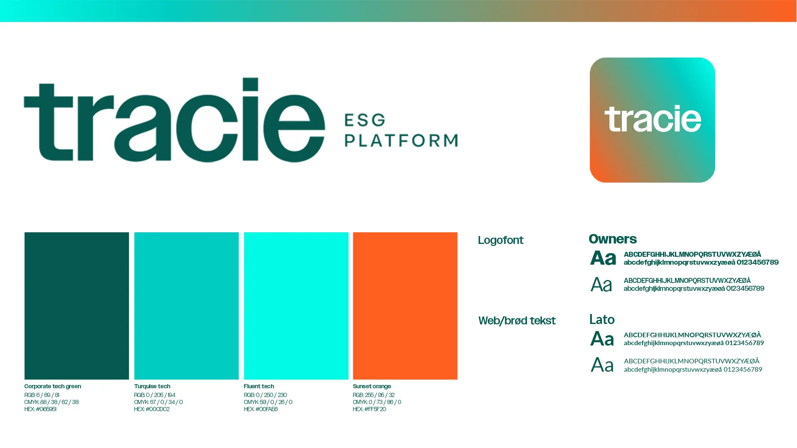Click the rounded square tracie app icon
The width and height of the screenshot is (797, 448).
(x=652, y=120)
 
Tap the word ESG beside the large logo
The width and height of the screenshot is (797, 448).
(x=365, y=120)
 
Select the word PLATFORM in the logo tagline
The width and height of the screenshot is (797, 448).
(x=401, y=141)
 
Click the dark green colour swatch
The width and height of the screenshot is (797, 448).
(x=77, y=306)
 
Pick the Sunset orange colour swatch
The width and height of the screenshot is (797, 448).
(x=405, y=306)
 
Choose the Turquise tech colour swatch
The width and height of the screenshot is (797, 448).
(x=186, y=306)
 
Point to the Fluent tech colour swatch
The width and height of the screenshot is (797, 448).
(x=296, y=306)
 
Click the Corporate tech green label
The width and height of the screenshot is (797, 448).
(x=53, y=386)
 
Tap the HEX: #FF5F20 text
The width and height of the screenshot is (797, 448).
(x=369, y=409)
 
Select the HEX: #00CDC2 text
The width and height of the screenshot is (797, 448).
(x=152, y=409)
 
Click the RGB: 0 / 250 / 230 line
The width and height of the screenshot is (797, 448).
(x=265, y=395)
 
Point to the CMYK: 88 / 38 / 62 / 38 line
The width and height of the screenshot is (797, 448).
(x=51, y=402)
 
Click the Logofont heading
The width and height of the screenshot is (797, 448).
(x=501, y=241)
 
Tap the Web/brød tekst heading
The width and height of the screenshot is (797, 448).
(x=517, y=321)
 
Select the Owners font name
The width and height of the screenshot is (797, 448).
(x=613, y=239)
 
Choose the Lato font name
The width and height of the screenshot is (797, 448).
(x=602, y=319)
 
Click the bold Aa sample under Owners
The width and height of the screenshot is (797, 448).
(x=603, y=258)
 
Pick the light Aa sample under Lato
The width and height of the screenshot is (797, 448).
(x=602, y=365)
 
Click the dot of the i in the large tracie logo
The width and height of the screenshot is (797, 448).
(x=250, y=84)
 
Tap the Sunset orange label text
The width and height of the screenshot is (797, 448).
(x=372, y=386)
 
